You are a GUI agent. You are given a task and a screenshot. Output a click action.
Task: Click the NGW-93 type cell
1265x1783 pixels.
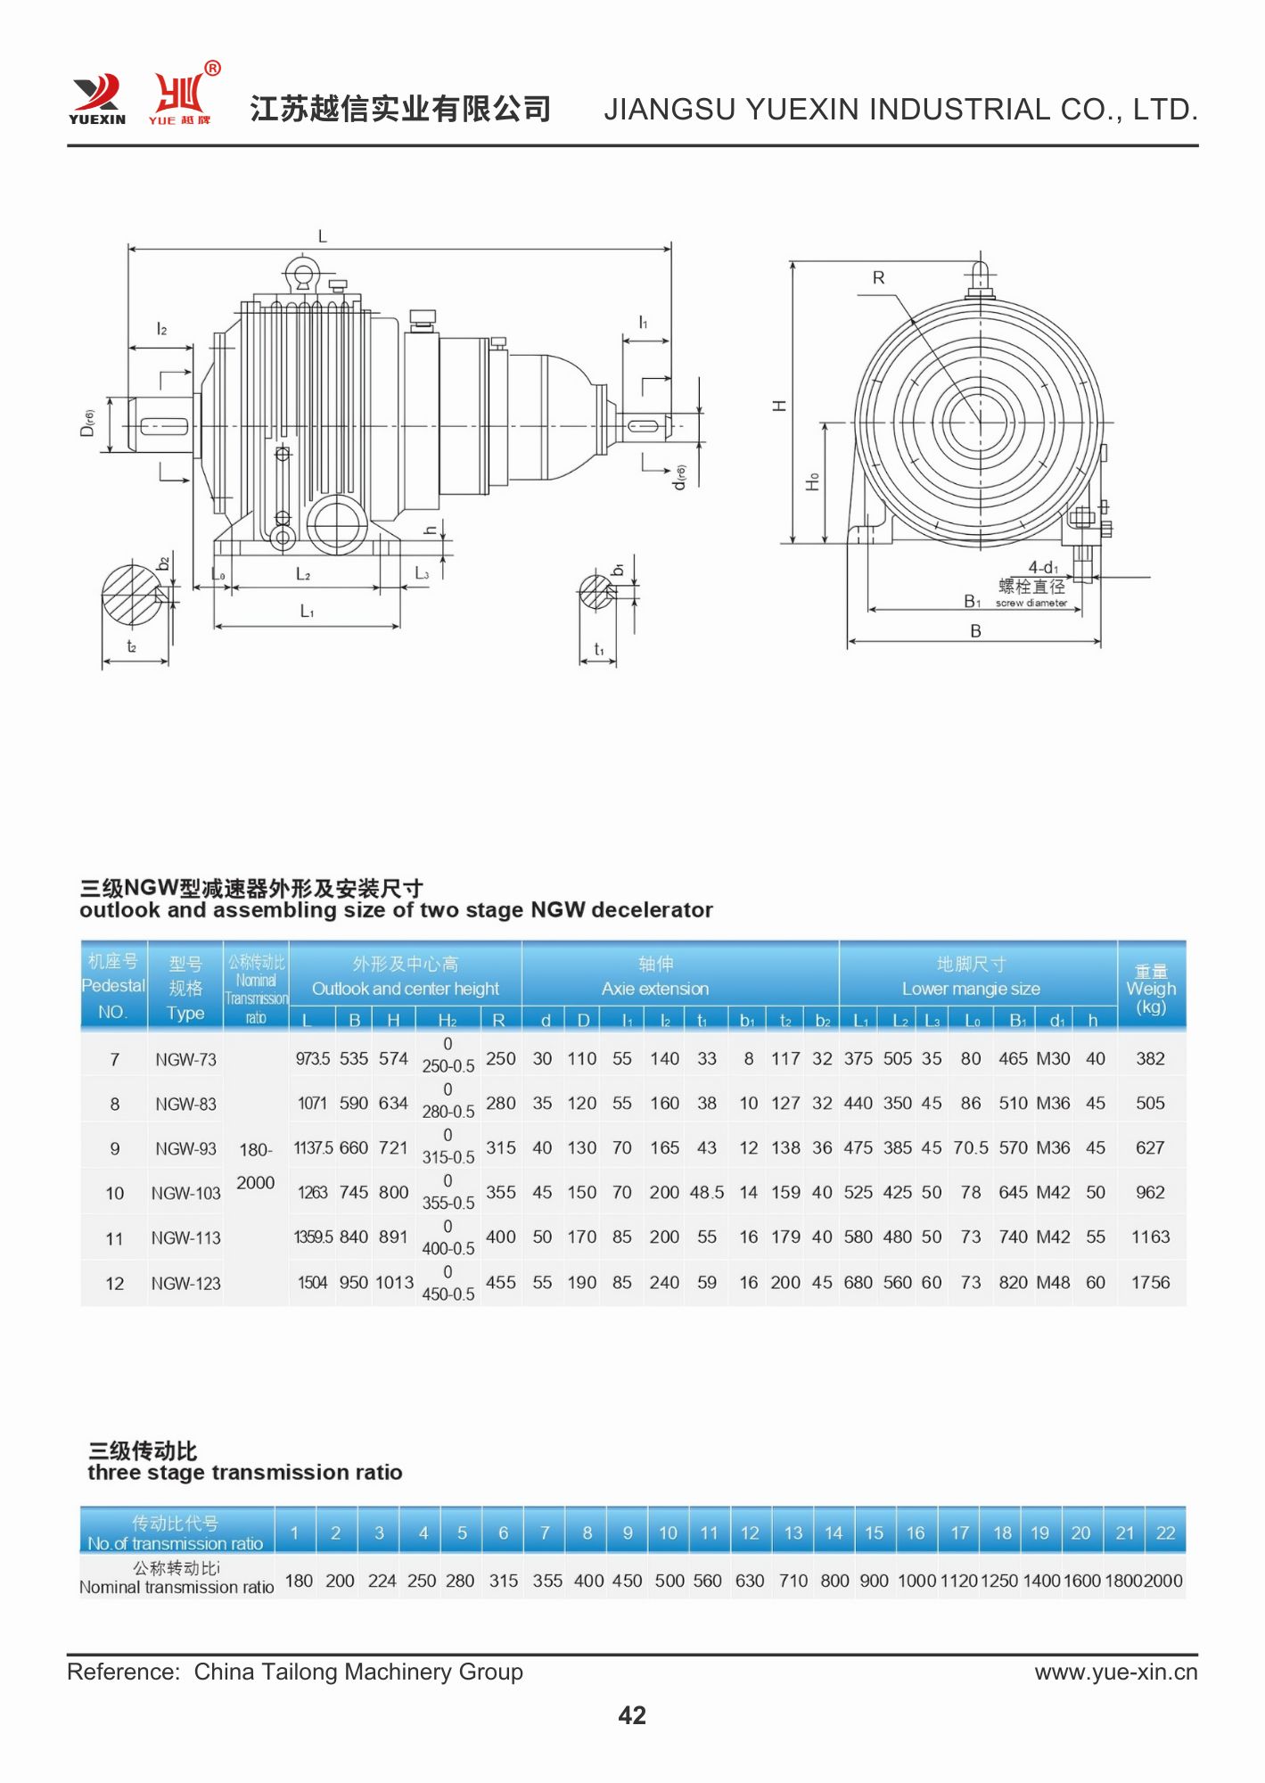pos(185,1149)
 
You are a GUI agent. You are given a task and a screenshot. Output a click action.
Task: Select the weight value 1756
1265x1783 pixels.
pos(1150,1283)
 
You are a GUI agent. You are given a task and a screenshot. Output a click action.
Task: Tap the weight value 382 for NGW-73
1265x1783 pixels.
pos(1150,1059)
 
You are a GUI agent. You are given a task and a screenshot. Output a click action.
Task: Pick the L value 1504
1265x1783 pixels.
pos(312,1283)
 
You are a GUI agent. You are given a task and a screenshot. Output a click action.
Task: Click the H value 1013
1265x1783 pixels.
pos(394,1283)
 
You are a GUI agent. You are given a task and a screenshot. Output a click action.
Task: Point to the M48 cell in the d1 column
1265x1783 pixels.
pos(1053,1283)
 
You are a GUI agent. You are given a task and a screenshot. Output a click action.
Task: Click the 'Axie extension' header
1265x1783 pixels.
pos(655,989)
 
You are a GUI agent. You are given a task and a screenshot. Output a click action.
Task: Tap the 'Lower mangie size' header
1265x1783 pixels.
pos(971,989)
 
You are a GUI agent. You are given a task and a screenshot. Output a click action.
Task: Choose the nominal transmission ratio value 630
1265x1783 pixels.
pos(750,1581)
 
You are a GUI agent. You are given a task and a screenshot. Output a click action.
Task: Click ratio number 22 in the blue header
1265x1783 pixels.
pos(1165,1533)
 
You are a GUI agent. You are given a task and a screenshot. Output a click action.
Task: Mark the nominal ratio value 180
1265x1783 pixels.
pos(299,1581)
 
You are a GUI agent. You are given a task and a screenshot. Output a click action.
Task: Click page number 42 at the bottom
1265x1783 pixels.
pos(632,1715)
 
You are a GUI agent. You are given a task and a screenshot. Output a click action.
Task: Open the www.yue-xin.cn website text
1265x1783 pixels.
pos(1116,1672)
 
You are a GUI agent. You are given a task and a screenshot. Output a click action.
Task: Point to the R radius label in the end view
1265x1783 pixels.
pos(879,278)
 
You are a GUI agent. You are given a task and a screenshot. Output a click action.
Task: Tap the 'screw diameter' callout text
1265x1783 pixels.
pos(1031,604)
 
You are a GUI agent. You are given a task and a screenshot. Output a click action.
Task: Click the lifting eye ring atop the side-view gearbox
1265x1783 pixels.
pos(303,274)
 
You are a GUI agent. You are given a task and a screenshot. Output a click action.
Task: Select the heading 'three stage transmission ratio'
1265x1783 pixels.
pos(245,1473)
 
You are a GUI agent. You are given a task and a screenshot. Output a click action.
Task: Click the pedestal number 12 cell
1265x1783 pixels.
pos(115,1284)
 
